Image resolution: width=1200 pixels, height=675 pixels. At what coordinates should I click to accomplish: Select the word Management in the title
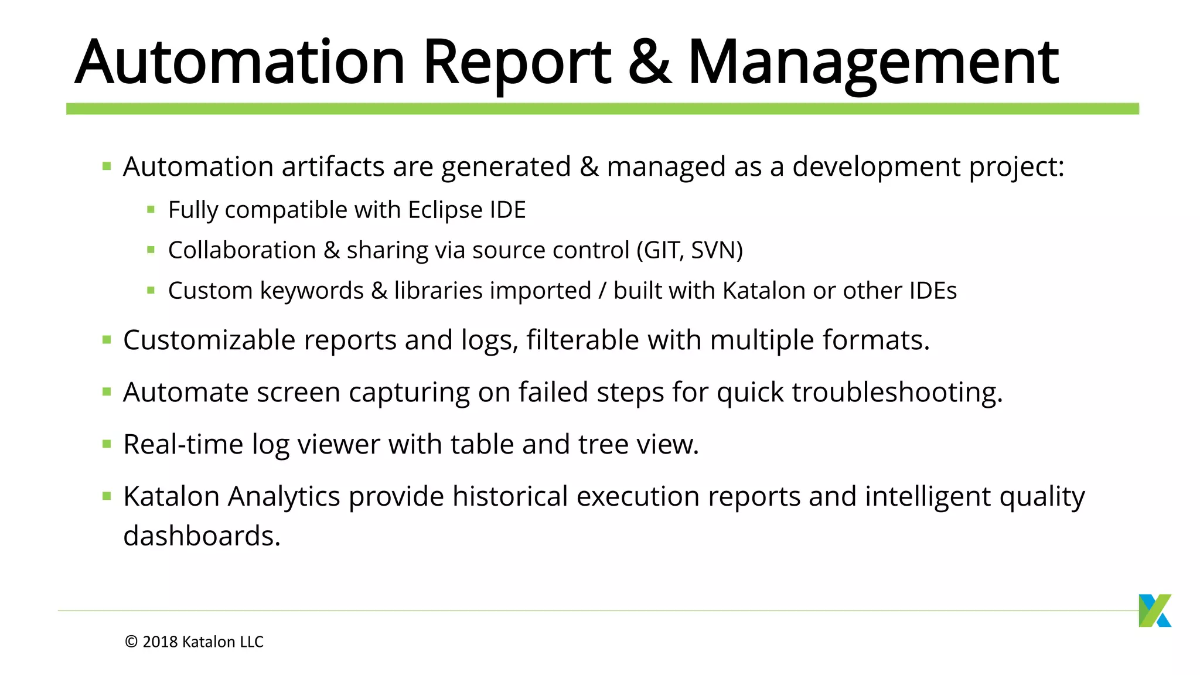873,63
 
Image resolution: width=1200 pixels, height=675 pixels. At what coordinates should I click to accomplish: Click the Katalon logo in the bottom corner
1154,611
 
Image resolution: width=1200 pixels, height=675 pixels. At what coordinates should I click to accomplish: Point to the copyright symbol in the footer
131,642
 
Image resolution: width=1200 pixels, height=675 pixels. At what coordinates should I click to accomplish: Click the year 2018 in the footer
160,642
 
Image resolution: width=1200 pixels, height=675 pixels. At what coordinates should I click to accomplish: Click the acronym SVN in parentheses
716,250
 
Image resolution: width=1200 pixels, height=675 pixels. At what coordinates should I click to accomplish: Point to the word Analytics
284,497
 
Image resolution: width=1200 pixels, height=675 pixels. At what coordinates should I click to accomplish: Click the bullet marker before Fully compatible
151,209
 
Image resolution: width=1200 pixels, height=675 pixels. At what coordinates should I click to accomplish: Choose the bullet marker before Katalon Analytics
107,496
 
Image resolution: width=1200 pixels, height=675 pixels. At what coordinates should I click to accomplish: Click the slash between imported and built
602,291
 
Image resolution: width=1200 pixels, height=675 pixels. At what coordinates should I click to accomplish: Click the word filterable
582,340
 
